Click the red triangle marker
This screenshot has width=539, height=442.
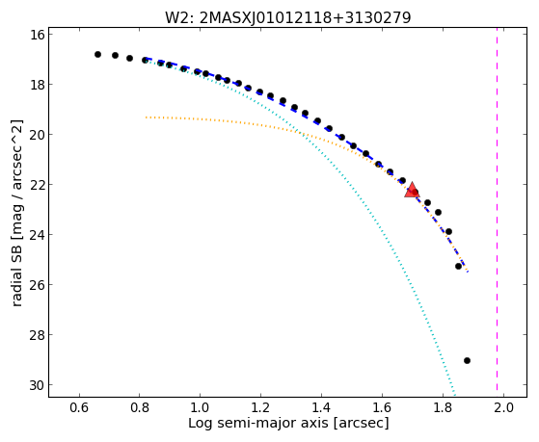[x=412, y=191]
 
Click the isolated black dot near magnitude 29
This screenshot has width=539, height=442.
[x=467, y=360]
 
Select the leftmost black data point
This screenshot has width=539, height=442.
[x=97, y=54]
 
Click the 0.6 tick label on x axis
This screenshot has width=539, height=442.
[x=79, y=407]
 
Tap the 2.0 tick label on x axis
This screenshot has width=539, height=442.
[x=503, y=407]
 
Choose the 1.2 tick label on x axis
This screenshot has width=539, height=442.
[x=261, y=407]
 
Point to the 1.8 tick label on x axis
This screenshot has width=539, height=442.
[x=443, y=407]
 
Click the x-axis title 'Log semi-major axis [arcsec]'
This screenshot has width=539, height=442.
[x=288, y=424]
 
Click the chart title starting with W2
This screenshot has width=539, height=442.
[x=287, y=17]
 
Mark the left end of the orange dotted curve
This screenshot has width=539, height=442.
[x=147, y=117]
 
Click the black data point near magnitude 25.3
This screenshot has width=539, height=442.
[x=458, y=266]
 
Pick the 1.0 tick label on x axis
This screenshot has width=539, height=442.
[x=201, y=407]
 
